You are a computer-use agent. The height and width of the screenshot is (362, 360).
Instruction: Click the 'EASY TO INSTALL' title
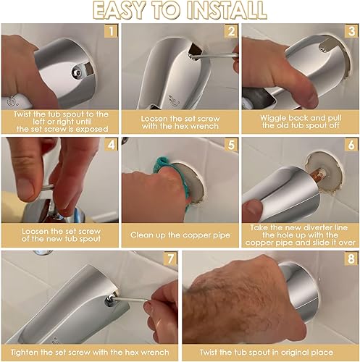(x=180, y=11)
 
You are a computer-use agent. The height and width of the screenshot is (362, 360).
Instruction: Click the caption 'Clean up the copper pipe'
(x=180, y=235)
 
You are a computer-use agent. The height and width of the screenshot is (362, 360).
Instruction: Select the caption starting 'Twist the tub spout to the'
(x=59, y=121)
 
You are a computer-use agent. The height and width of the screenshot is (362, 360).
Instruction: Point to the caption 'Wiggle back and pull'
(x=299, y=117)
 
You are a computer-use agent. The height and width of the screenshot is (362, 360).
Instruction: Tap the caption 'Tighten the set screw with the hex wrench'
(x=89, y=350)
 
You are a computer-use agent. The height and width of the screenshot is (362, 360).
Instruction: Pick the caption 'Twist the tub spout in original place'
(x=269, y=350)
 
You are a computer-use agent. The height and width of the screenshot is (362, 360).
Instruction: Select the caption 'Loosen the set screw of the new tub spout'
(x=59, y=235)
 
